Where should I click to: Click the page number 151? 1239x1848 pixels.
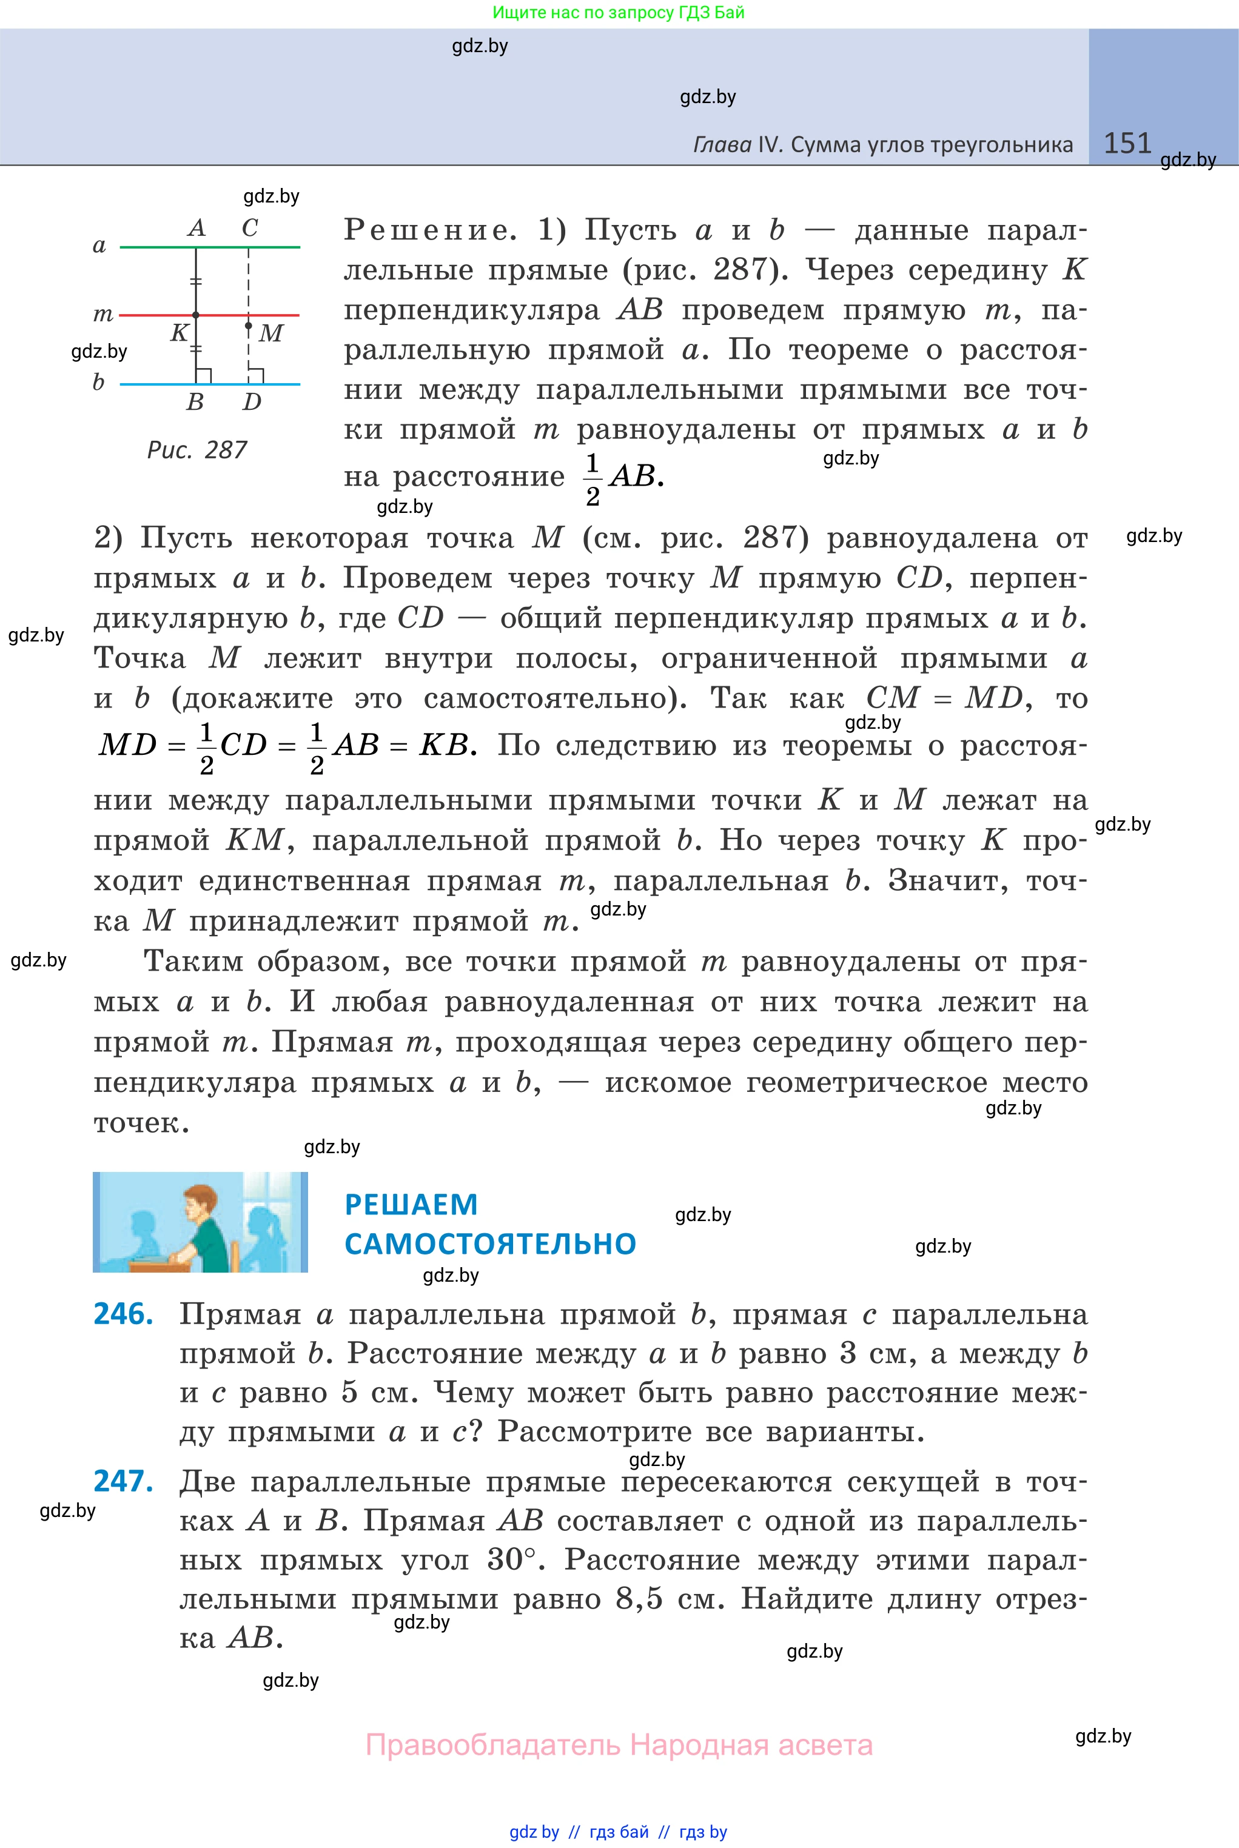coord(1127,143)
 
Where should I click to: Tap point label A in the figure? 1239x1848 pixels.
coord(196,228)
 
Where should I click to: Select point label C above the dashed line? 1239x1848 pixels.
coord(250,228)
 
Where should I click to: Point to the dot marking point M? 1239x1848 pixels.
coord(248,326)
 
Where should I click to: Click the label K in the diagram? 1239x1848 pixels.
coord(180,332)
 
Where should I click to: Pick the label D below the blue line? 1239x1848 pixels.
coord(251,402)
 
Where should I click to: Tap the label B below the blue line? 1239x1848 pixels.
coord(195,402)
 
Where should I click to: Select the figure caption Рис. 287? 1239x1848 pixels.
coord(196,450)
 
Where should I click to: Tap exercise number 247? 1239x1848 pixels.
coord(123,1482)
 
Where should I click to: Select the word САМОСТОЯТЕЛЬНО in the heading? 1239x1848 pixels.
coord(490,1245)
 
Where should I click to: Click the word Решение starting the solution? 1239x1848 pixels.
coord(430,230)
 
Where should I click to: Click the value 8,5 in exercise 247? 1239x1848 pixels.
coord(639,1599)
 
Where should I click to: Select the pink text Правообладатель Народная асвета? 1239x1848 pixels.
coord(619,1744)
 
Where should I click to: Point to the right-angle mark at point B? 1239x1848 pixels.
coord(204,376)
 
